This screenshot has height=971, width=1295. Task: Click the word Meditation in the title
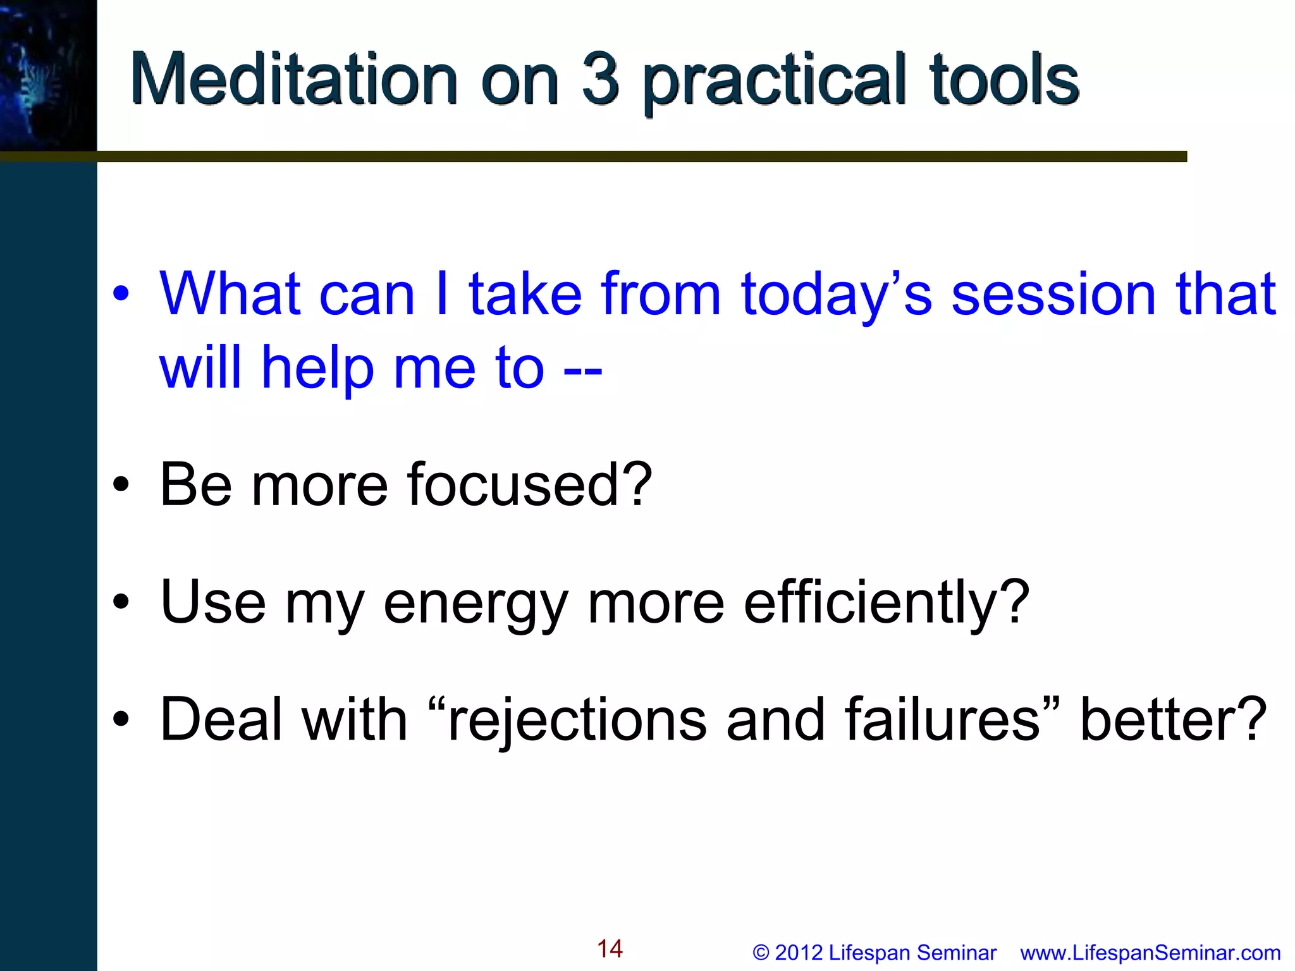(293, 80)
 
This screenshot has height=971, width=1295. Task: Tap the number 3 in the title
(599, 80)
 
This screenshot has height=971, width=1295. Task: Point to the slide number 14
(610, 949)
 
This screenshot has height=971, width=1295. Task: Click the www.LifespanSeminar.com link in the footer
(1150, 953)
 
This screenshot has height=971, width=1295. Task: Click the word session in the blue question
(1053, 295)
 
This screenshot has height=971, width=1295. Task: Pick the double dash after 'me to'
(582, 370)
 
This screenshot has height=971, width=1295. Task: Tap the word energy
(475, 604)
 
